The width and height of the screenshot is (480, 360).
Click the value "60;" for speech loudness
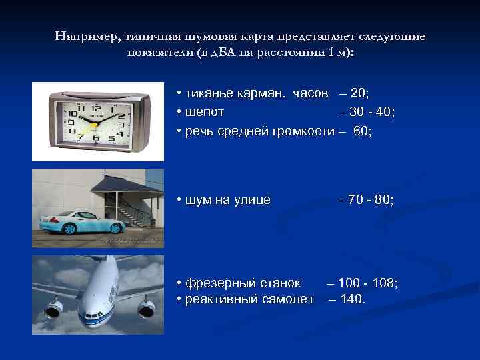tap(363, 131)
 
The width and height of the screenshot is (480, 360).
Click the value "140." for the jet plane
tap(353, 299)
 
